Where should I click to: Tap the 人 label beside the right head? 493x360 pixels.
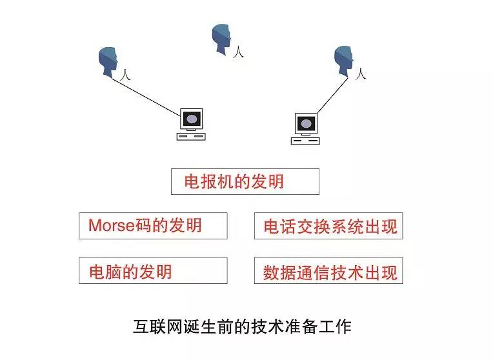tap(361, 75)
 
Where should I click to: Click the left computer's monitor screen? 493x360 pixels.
tap(191, 119)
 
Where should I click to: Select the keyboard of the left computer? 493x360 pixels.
tap(191, 137)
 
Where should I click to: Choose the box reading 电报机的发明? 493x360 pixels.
tap(245, 181)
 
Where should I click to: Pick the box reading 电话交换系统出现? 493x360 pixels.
tap(328, 226)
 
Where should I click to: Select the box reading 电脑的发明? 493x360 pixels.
tap(153, 270)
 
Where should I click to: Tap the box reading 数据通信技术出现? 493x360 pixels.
tap(328, 271)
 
